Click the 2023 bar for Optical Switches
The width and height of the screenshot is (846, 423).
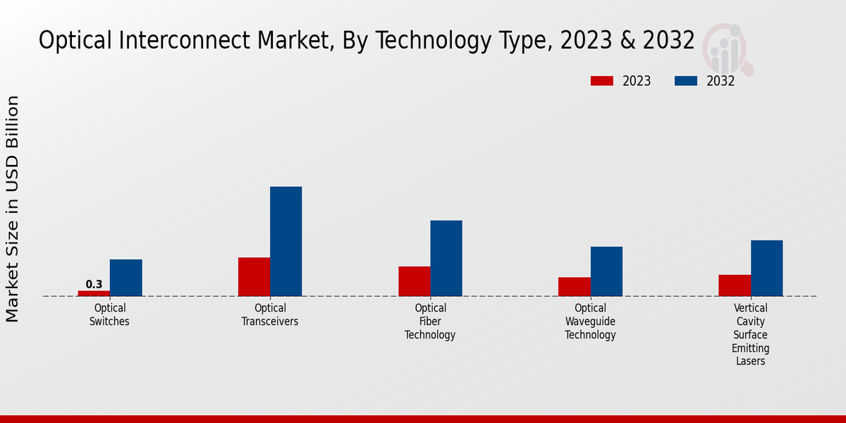tap(94, 293)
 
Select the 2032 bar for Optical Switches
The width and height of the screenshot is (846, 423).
tap(125, 278)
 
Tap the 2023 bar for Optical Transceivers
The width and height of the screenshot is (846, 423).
tap(254, 277)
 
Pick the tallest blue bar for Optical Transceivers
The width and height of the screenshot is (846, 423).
tap(286, 241)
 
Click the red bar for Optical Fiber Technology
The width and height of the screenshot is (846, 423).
tap(414, 281)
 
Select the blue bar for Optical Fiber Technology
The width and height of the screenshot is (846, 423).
tap(446, 258)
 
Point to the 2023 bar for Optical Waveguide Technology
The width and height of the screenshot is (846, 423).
tap(574, 287)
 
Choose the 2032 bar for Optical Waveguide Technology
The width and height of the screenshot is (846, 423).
tap(606, 271)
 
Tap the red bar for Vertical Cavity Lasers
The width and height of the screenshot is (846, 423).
tap(735, 286)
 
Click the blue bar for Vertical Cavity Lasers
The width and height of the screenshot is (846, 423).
tap(766, 268)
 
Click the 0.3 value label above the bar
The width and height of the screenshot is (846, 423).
tap(94, 284)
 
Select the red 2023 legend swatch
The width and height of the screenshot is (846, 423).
tap(601, 81)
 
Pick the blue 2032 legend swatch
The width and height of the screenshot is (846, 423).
tap(685, 81)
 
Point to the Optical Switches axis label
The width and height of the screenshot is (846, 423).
tap(109, 314)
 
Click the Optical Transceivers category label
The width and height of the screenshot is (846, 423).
tap(270, 314)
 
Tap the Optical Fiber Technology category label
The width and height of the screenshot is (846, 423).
tap(430, 321)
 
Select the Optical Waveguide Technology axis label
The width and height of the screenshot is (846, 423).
tap(590, 321)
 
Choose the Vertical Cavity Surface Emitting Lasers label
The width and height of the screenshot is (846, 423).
tap(750, 335)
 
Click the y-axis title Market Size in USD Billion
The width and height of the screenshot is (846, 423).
tap(13, 209)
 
